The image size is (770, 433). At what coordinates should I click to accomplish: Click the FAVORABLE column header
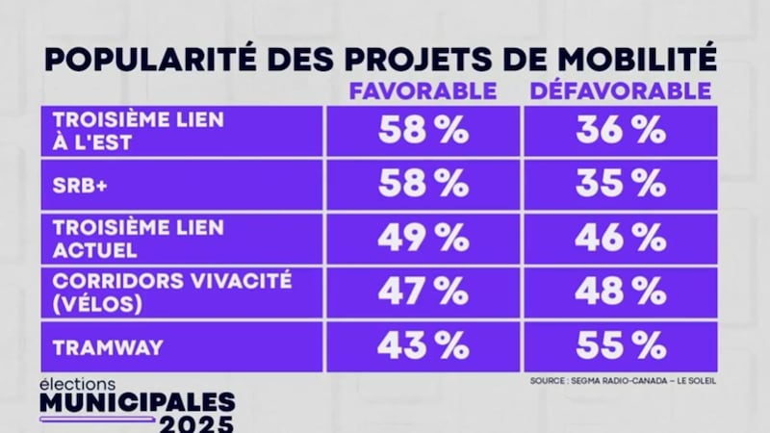423,91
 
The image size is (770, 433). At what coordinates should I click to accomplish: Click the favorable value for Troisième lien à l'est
423,130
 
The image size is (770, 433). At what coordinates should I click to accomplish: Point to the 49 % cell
423,237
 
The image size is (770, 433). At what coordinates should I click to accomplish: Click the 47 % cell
423,291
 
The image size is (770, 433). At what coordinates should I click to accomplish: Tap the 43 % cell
423,344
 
